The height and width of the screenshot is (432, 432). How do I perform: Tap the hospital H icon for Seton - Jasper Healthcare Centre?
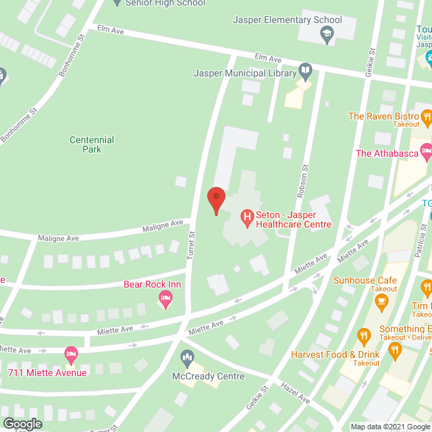247,217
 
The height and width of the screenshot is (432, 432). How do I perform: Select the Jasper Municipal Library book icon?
305,70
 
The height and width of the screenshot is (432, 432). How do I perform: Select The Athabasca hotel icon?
426,153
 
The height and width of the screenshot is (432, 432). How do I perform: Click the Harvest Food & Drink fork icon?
363,335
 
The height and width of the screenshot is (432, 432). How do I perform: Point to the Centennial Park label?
92,144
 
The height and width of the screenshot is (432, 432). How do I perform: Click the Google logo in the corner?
22,424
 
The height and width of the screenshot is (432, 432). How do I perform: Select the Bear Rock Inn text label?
152,285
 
